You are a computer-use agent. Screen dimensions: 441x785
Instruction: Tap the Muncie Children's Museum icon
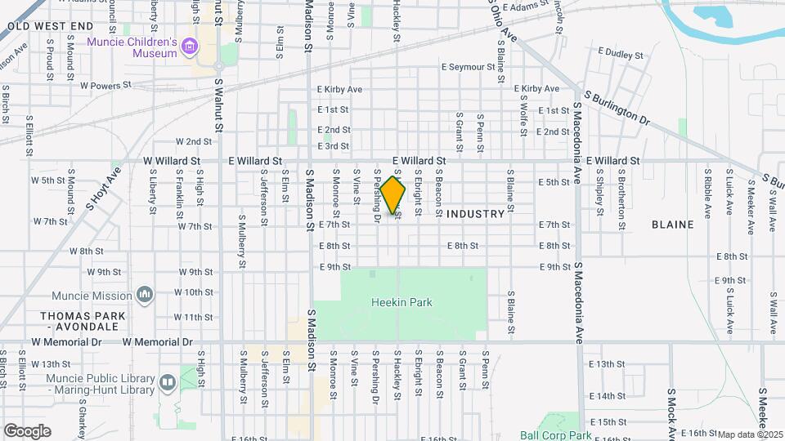tap(191, 47)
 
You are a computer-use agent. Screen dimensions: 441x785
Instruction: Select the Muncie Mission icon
tap(145, 293)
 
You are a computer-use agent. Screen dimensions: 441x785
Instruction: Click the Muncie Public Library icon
tap(168, 382)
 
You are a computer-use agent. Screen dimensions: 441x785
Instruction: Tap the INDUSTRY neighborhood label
tap(476, 214)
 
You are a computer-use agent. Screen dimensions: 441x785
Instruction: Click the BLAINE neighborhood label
tap(672, 224)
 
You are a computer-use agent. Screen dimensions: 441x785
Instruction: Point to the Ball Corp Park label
tap(555, 436)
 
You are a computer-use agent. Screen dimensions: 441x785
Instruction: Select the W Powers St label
tap(105, 85)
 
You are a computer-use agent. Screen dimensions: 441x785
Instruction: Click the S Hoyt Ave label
tap(103, 188)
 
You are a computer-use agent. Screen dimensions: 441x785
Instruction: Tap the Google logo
tap(27, 430)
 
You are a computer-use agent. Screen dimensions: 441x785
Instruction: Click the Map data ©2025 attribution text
tap(751, 434)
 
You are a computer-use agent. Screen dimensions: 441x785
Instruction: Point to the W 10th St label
tap(193, 292)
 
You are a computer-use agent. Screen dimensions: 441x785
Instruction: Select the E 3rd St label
tap(333, 146)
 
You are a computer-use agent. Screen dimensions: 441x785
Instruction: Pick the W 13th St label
tap(52, 363)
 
